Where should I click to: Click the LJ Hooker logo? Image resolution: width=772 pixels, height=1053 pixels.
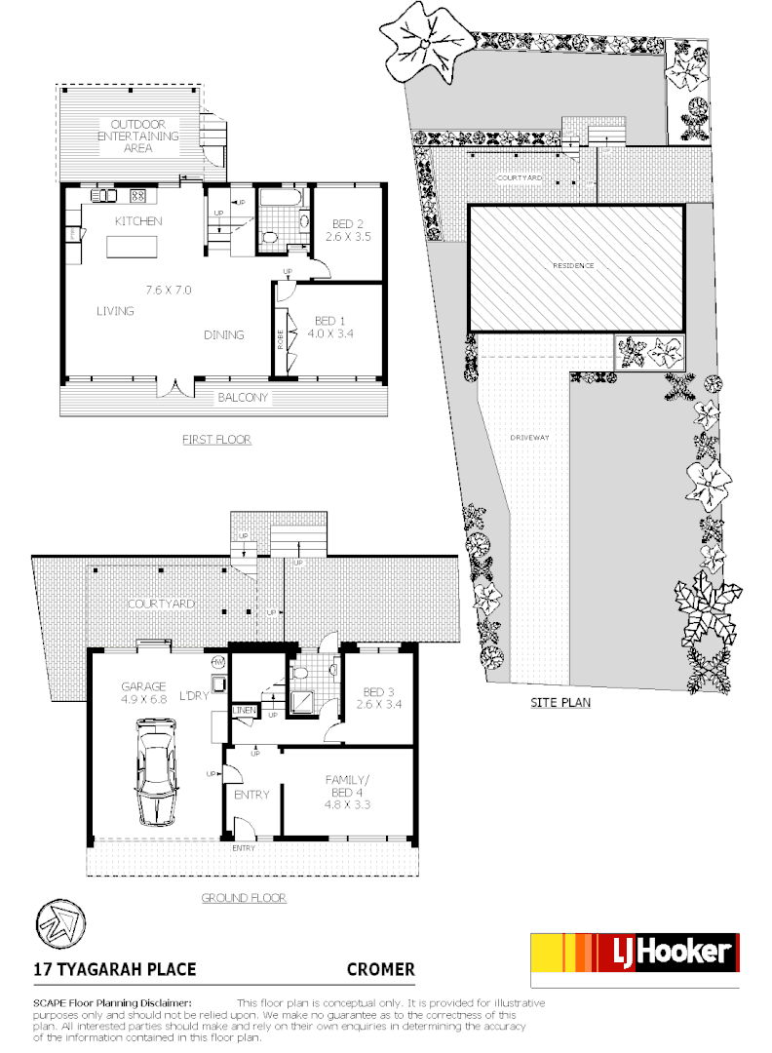click(634, 959)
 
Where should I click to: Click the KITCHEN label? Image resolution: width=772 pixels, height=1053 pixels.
click(138, 221)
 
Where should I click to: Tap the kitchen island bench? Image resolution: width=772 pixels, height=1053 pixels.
click(135, 245)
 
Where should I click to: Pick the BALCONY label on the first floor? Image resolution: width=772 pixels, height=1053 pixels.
click(242, 397)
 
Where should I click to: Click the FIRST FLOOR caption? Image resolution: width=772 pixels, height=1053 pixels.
click(216, 440)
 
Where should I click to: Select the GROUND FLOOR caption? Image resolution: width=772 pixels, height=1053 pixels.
click(243, 898)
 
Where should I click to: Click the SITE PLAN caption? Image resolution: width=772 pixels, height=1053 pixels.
click(560, 702)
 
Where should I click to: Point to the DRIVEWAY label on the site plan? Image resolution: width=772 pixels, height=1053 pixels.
click(529, 438)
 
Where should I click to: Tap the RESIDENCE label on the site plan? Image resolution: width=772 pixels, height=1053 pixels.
click(573, 265)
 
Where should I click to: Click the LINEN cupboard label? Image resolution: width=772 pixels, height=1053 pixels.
click(243, 711)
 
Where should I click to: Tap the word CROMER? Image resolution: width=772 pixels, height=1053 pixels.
click(381, 969)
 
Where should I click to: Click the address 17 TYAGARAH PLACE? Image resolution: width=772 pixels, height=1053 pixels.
click(115, 969)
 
